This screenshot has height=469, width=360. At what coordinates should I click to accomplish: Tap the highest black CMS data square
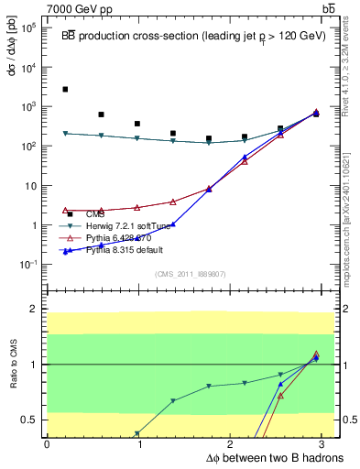(65, 90)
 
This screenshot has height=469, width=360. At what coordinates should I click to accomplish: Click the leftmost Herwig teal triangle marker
(65, 134)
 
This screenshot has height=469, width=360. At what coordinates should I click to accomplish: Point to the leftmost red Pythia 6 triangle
(65, 210)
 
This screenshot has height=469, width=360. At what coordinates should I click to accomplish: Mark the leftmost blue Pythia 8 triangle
(65, 251)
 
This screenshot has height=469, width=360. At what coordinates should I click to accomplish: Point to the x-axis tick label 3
(328, 444)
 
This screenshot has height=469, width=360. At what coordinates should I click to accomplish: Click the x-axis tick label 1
(140, 444)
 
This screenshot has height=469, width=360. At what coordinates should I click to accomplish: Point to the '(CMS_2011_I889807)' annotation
(191, 273)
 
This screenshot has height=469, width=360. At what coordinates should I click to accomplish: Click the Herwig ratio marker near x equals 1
(137, 433)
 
